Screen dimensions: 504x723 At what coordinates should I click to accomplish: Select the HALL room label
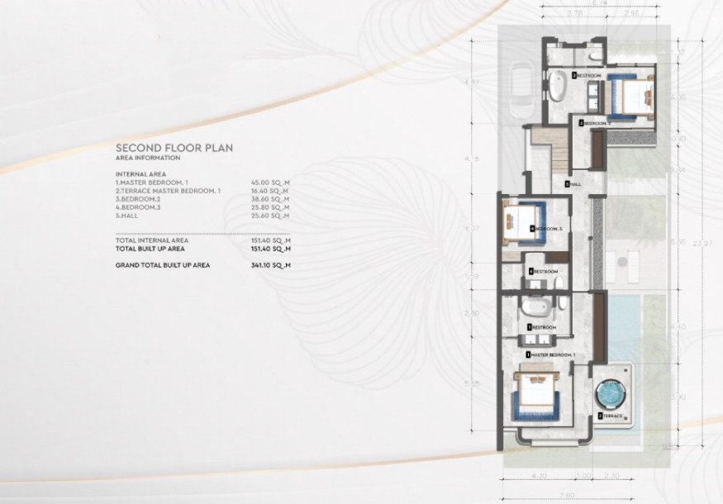pyautogui.click(x=570, y=183)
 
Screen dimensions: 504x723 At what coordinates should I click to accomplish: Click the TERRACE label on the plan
pyautogui.click(x=611, y=416)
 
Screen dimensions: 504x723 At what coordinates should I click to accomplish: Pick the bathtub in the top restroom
pyautogui.click(x=557, y=84)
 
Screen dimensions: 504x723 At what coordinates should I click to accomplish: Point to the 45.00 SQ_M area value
pyautogui.click(x=270, y=183)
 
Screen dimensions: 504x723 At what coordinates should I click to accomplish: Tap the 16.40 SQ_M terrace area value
pyautogui.click(x=270, y=191)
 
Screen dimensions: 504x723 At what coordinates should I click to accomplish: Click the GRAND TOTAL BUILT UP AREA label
pyautogui.click(x=163, y=265)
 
